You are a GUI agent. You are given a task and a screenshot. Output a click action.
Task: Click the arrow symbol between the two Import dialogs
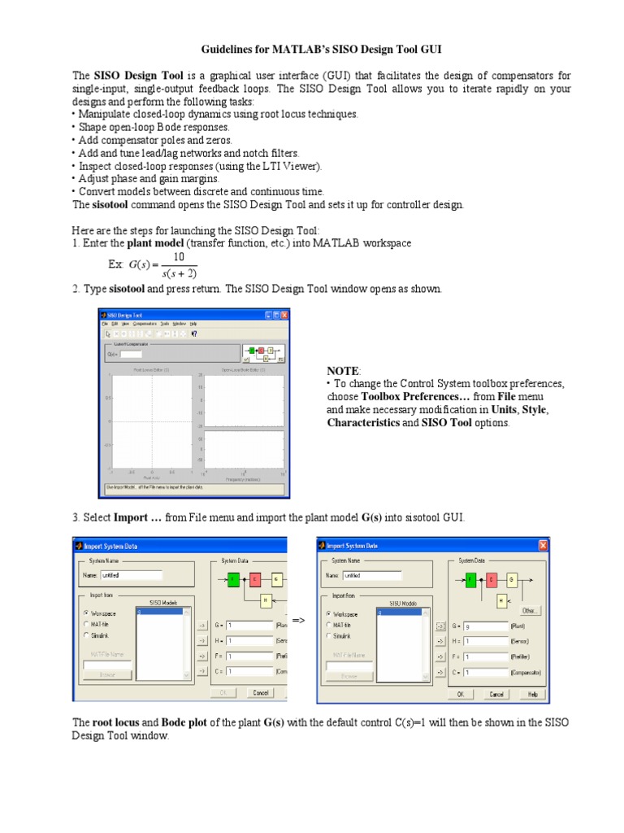298,621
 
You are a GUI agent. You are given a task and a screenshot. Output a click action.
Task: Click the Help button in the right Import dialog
532,694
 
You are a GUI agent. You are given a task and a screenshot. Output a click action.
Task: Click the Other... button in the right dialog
530,609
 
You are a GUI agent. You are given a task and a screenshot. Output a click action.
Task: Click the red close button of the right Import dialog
542,545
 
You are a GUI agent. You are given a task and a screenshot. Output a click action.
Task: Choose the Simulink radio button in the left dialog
87,635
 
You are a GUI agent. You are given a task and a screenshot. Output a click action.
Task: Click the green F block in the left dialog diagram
233,579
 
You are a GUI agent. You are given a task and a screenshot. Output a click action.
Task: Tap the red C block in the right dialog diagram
492,579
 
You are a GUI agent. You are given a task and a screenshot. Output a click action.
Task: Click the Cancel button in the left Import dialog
260,693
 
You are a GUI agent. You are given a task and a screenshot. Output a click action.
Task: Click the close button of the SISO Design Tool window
283,314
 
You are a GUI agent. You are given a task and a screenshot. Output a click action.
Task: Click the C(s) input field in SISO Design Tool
131,354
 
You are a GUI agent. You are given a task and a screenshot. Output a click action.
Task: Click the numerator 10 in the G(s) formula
179,257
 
